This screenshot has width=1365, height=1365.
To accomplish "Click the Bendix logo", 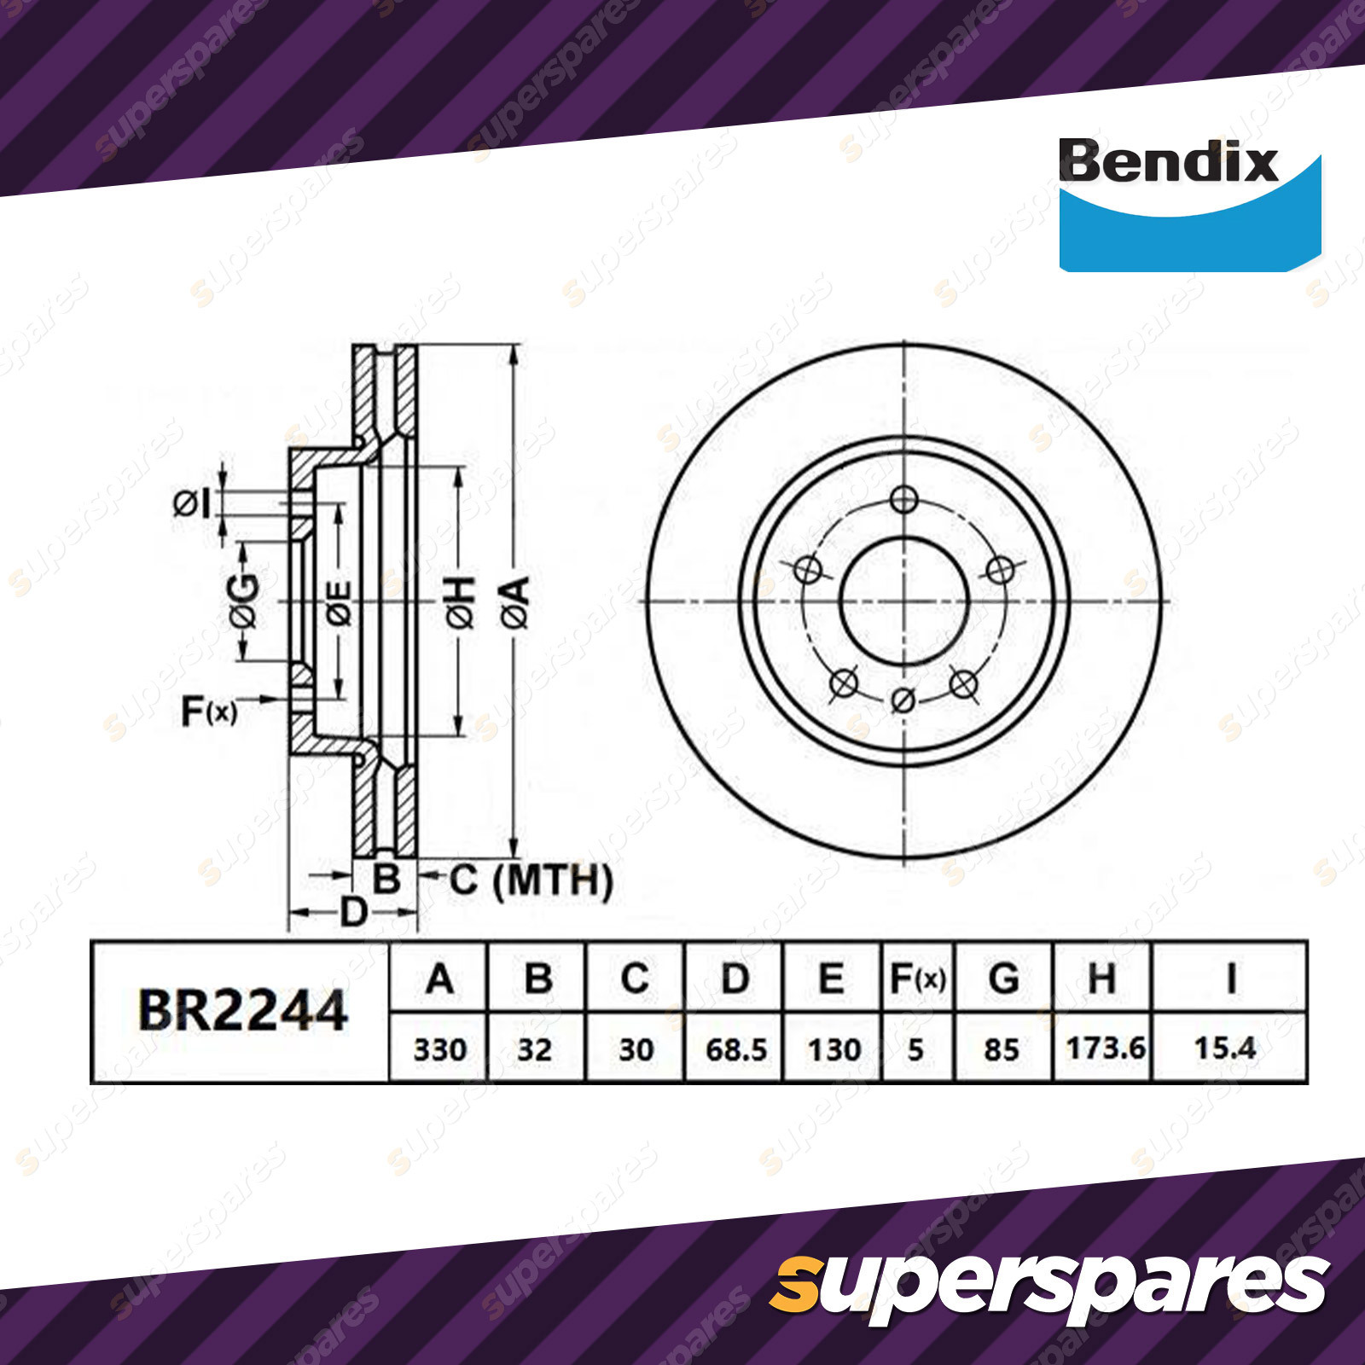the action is [1189, 205].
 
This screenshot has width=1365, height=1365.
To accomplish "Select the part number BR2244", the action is [242, 1011].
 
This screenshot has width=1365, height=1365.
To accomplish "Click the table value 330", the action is [439, 1049].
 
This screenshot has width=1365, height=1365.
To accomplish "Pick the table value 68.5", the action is [736, 1049].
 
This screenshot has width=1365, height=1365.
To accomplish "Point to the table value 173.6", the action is [1105, 1048].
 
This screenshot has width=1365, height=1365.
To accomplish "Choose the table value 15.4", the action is [1224, 1048].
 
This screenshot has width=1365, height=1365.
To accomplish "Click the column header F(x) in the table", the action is [918, 979].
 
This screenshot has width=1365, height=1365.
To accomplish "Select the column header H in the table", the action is [1101, 979].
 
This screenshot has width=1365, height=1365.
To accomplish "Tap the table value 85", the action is [1001, 1049].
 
